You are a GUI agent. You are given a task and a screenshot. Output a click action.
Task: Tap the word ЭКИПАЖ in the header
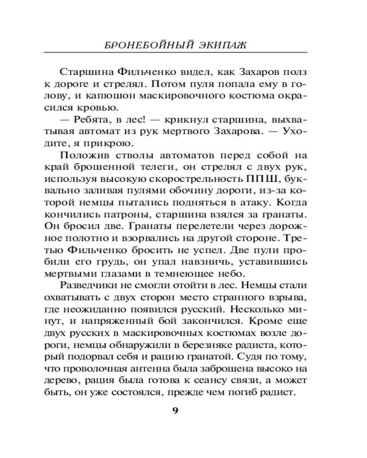click(x=218, y=45)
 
